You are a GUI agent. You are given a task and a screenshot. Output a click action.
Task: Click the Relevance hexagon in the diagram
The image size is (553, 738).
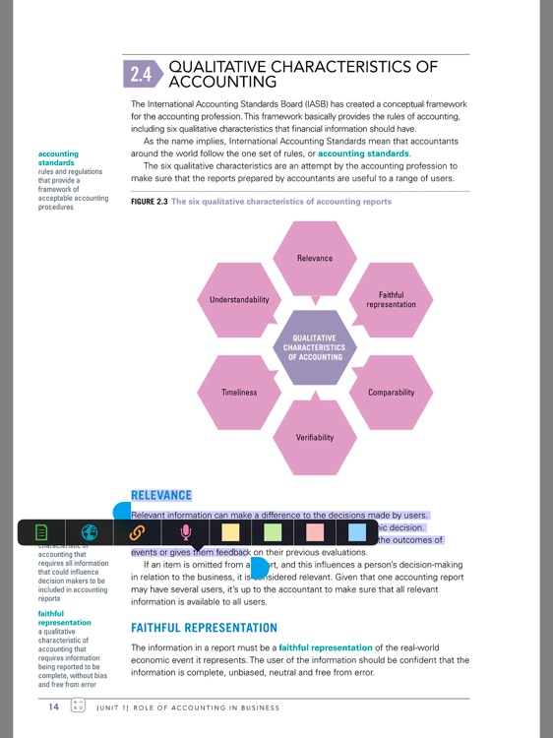tap(315, 258)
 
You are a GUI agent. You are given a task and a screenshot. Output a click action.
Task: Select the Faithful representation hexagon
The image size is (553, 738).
tap(391, 299)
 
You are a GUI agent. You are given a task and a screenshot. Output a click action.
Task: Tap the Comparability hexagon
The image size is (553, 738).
tap(391, 392)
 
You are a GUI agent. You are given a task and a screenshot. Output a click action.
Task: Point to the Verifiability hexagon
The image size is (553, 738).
tap(315, 436)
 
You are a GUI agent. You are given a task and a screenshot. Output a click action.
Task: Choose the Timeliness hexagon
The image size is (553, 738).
tap(239, 392)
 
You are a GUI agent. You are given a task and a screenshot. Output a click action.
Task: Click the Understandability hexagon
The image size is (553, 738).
tap(239, 299)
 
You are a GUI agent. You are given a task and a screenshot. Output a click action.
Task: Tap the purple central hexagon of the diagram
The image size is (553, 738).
tap(315, 346)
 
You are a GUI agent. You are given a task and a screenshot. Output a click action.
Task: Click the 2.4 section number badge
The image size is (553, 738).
tap(141, 74)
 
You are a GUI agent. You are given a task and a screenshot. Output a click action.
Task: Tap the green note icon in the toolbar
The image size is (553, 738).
tap(41, 532)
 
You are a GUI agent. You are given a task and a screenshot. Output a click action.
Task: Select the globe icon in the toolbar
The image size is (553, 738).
tap(90, 532)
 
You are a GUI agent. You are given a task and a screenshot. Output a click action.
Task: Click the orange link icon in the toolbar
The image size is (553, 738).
tap(138, 532)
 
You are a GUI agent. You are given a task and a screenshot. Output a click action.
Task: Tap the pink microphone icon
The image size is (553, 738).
tap(185, 532)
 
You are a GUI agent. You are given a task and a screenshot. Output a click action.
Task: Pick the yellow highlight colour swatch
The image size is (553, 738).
tap(230, 532)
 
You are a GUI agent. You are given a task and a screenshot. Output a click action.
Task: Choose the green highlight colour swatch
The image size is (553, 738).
tap(273, 532)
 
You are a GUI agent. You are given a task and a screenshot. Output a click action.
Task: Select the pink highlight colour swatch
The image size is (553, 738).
tap(315, 532)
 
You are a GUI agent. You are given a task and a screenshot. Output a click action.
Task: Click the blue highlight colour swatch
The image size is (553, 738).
tap(357, 532)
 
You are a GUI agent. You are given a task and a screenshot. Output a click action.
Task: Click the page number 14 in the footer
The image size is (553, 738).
tap(53, 707)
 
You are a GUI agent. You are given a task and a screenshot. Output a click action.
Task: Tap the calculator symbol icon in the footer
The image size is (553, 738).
tap(79, 707)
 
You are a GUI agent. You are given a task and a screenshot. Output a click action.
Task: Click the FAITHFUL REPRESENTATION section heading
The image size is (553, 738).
tap(204, 627)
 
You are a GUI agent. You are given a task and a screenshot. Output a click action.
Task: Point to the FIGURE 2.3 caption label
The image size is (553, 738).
tap(149, 202)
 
